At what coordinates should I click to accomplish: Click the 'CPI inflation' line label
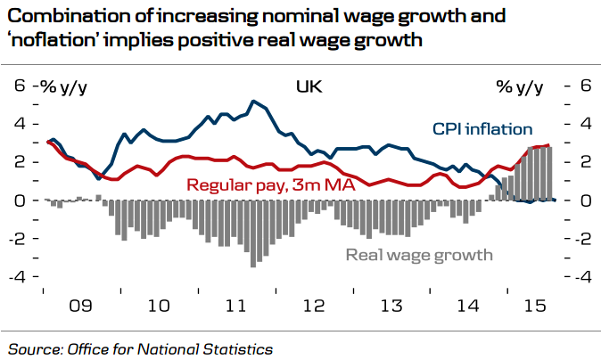tap(482, 130)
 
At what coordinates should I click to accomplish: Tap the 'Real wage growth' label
tap(419, 255)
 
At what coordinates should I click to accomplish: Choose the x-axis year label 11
tap(235, 306)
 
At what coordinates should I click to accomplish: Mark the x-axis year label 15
tap(534, 306)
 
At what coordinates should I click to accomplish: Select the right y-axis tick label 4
tap(585, 124)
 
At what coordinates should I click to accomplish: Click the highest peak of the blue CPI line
tap(254, 101)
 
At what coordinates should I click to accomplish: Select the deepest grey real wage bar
tap(254, 265)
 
